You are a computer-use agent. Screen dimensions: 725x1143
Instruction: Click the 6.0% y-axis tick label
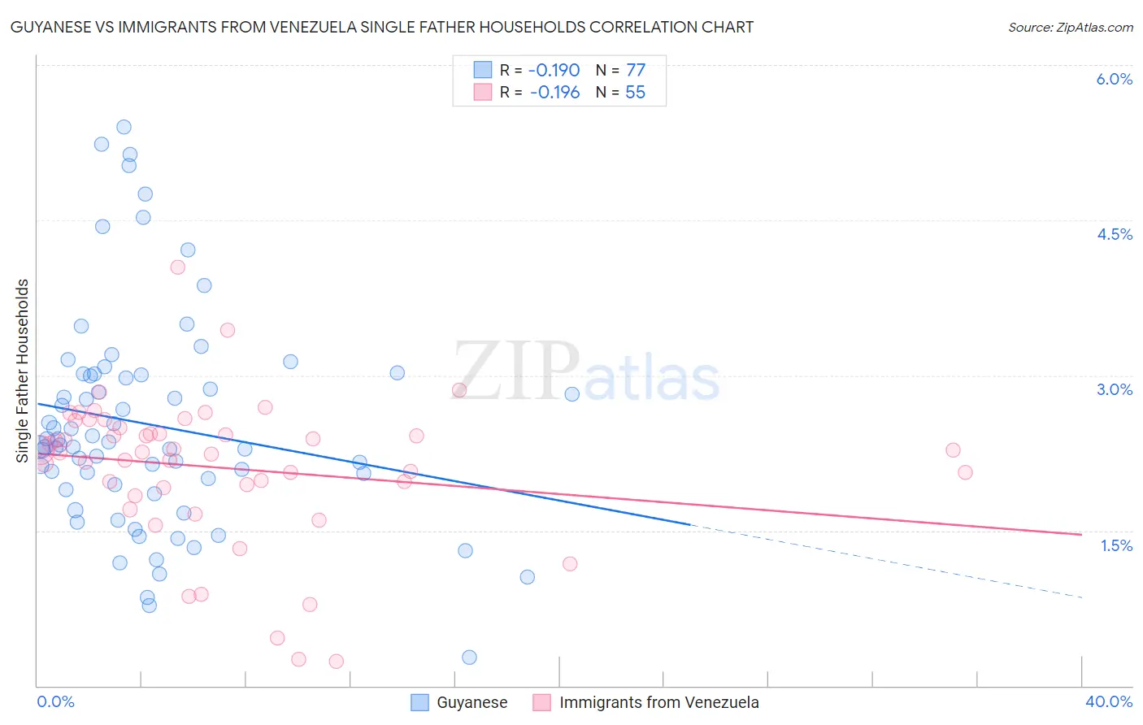1114,79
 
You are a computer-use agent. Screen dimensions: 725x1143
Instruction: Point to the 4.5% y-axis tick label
1115,234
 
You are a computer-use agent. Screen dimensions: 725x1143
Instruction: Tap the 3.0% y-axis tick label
1115,389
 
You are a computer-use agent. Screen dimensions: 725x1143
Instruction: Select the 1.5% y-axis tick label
1116,545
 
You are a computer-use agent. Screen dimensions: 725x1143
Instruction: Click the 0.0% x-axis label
55,701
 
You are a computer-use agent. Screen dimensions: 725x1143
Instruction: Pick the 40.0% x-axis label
1108,701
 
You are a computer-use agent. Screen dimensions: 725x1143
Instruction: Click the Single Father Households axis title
23,371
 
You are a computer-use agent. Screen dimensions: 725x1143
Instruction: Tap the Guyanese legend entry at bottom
459,702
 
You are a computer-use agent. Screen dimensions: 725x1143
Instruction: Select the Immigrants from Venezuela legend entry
645,702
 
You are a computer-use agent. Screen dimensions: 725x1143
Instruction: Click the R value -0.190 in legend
554,70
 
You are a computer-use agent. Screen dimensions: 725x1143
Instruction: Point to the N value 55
635,93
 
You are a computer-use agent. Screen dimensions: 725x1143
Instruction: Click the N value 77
635,70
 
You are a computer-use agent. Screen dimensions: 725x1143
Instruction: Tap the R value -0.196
554,93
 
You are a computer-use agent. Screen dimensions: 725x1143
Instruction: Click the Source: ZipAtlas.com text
1070,28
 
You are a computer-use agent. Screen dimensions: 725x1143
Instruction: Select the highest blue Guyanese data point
124,127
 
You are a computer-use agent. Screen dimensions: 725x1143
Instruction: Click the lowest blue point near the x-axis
469,658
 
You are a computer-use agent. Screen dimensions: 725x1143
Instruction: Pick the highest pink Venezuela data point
177,267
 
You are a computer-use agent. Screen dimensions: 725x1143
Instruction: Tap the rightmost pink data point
965,472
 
